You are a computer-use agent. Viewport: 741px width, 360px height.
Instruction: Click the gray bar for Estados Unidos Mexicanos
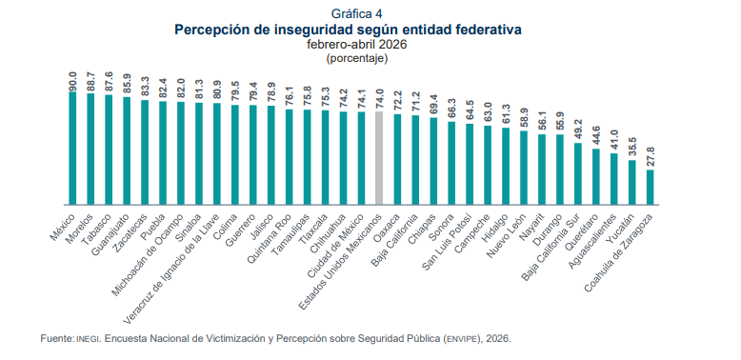coord(378,158)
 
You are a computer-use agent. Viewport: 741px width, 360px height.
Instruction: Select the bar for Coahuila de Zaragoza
coord(651,188)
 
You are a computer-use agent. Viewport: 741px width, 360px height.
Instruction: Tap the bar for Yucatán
coord(632,182)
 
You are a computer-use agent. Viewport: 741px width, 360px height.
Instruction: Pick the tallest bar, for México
coord(72,149)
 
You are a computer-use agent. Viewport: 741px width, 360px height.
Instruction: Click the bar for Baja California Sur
coord(578,174)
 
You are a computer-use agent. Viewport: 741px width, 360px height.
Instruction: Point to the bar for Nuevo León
coord(524,168)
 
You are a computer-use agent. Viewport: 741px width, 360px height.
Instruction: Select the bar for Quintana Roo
coord(289,157)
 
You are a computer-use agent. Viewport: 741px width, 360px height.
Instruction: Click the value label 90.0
coord(72,80)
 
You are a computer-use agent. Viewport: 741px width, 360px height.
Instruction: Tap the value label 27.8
coord(651,159)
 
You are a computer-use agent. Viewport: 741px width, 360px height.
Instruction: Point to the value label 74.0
coord(379,101)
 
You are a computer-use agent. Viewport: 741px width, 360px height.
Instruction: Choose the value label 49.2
coord(578,131)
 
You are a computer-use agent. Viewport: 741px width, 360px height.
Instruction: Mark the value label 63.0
coord(488,114)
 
